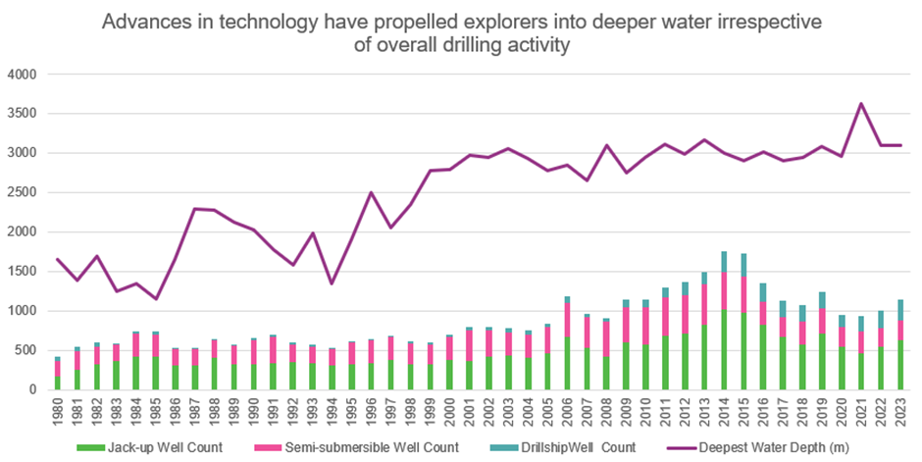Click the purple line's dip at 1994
click(x=331, y=283)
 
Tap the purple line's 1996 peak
click(x=370, y=192)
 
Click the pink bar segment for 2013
click(x=704, y=304)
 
